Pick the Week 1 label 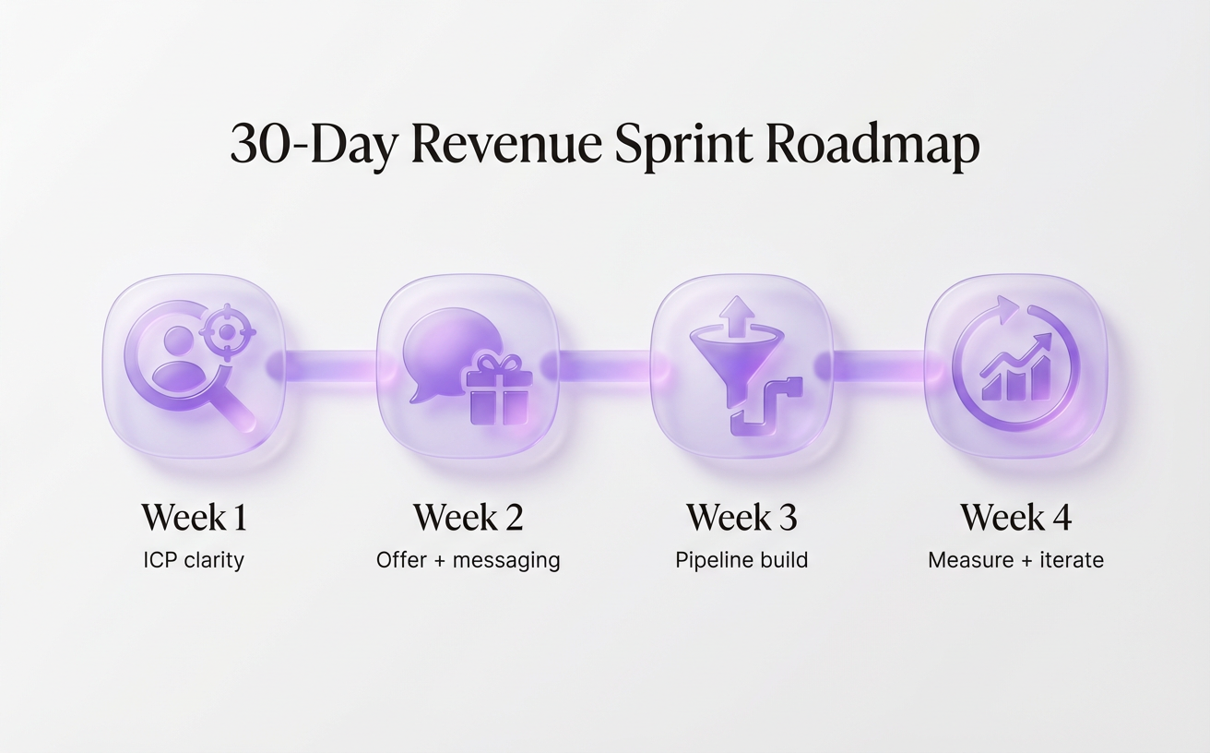pos(194,518)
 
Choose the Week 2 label pos(468,518)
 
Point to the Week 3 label pos(741,518)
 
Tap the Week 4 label pos(1015,518)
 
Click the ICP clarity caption pos(194,560)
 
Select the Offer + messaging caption pos(468,560)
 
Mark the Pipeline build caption pos(741,560)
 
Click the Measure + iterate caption pos(1015,560)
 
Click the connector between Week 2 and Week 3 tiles pos(605,365)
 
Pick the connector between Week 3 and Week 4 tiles pos(879,365)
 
